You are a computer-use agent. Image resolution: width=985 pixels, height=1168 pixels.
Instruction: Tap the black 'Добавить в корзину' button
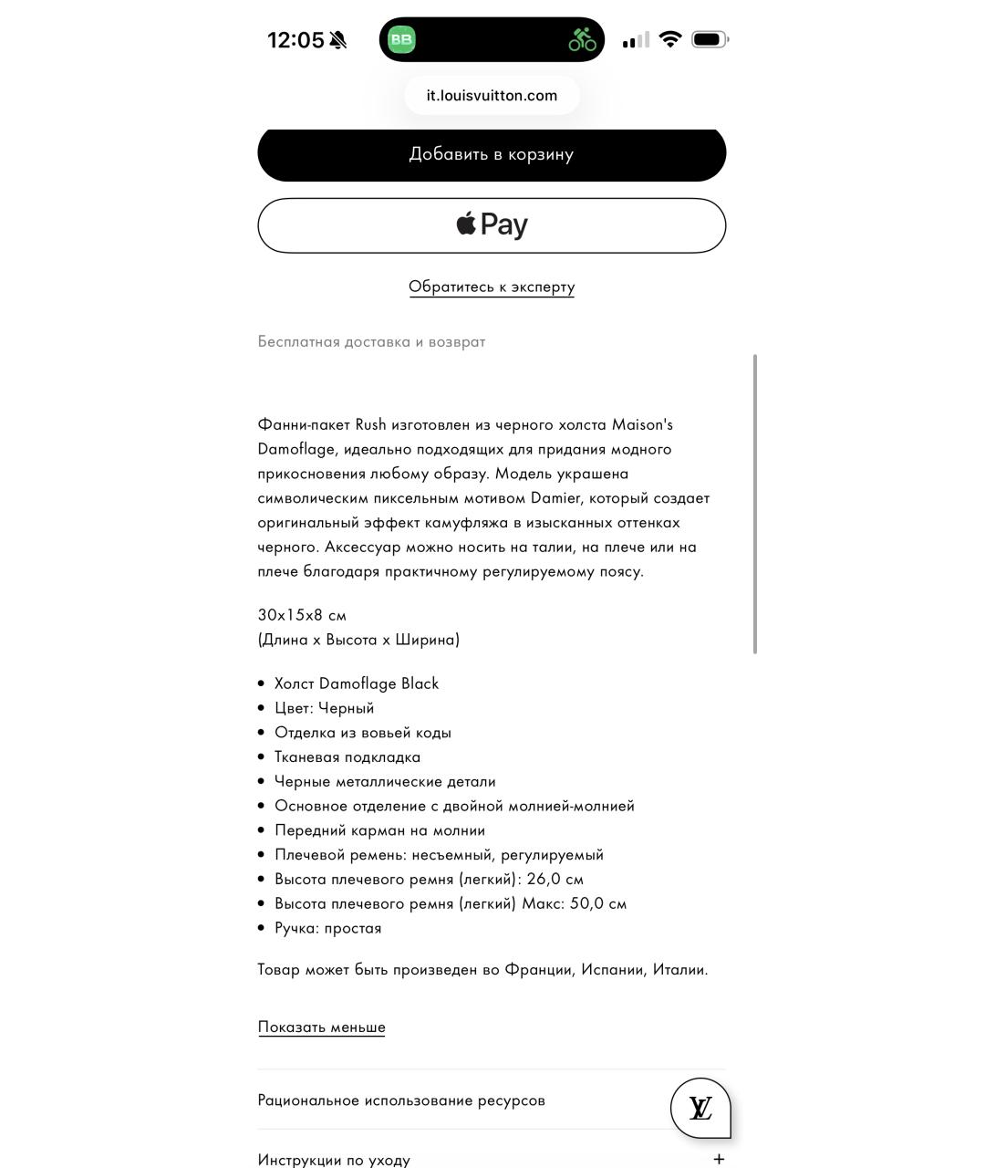coord(492,154)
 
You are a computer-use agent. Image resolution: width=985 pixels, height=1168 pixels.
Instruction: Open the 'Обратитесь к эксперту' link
coord(492,287)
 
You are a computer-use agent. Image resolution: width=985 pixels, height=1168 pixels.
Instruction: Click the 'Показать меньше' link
coord(321,1027)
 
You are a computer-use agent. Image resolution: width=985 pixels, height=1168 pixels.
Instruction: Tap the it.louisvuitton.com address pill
coord(492,96)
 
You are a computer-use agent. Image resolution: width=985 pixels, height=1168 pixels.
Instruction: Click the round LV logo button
coord(700,1108)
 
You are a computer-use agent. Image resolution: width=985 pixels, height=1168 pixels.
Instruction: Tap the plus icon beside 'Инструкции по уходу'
coord(719,1159)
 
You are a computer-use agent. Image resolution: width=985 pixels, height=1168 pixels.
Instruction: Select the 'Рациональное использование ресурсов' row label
coord(401,1100)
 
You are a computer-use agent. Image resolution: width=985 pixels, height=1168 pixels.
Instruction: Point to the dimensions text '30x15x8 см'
coord(302,615)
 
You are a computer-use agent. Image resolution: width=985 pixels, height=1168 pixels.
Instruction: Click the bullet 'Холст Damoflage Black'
coord(357,683)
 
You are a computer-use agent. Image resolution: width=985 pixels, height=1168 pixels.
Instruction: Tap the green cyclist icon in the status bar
coord(582,39)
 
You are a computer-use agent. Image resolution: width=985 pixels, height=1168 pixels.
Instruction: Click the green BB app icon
coord(401,39)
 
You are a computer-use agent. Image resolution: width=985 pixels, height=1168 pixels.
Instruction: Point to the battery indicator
coord(710,39)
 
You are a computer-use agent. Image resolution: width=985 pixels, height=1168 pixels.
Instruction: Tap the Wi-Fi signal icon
coord(670,39)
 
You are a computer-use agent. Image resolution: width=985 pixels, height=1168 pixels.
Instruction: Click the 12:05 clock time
coord(295,40)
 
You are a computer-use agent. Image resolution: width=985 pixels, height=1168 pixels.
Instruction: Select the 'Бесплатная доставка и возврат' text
coord(371,342)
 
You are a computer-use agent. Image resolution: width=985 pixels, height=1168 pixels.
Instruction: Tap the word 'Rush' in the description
coord(370,424)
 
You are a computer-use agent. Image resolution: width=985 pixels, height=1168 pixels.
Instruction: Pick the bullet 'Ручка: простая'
coord(327,928)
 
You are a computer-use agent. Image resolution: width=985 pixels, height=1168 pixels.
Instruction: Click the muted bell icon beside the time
coord(338,40)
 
